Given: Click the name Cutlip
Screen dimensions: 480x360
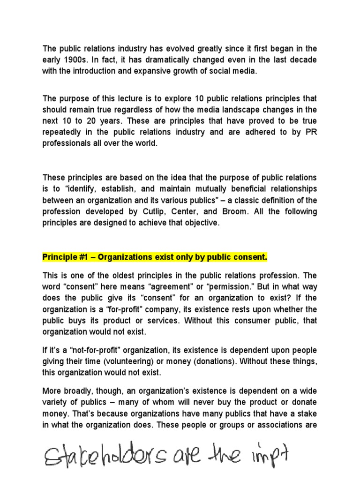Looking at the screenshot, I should click(186, 212).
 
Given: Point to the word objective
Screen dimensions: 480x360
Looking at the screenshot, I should click(200, 223).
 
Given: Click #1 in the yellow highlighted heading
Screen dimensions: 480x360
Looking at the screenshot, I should click(81, 257).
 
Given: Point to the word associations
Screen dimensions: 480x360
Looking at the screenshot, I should click(283, 425).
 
